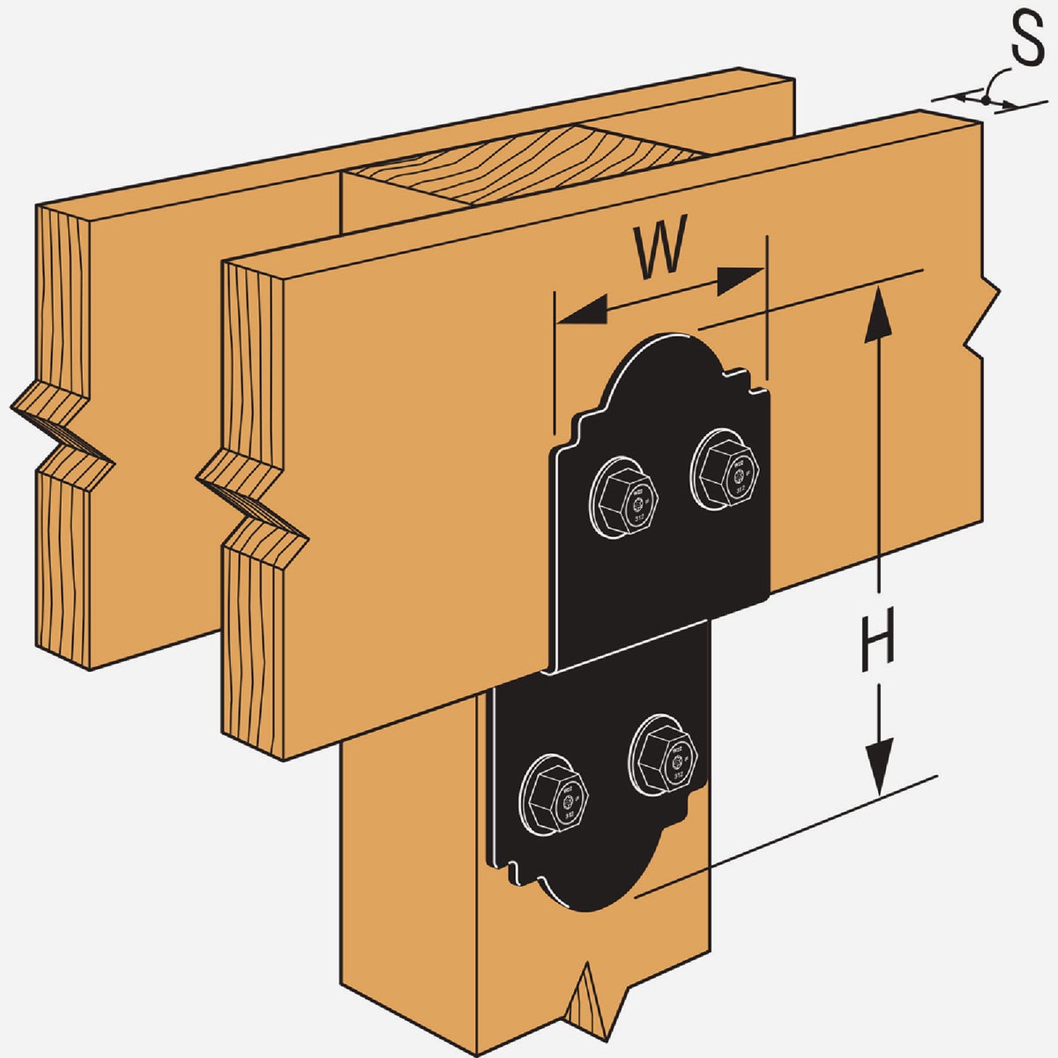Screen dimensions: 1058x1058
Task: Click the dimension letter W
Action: tap(660, 253)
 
